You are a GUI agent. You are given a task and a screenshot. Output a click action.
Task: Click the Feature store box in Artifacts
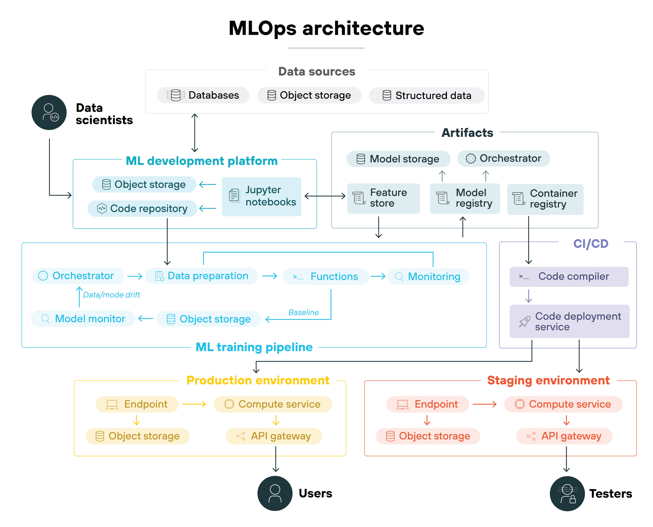[383, 198]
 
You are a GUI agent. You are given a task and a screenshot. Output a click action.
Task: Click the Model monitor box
[83, 319]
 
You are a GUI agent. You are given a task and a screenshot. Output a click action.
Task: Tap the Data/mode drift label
[111, 295]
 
